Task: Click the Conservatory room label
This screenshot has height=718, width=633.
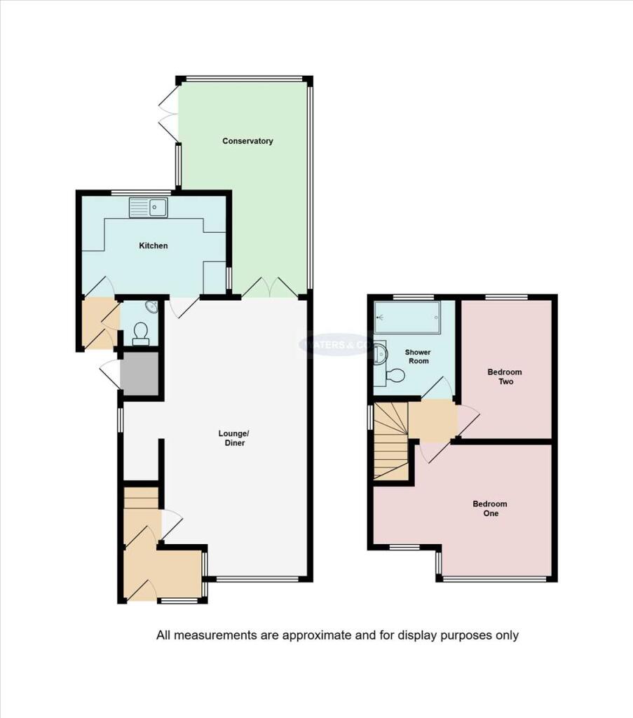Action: point(247,141)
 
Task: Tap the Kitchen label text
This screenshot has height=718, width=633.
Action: point(153,245)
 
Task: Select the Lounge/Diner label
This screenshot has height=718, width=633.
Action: point(231,438)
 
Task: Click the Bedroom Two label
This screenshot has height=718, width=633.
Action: point(505,377)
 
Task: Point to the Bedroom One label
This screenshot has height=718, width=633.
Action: point(489,508)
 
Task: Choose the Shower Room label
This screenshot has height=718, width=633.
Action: point(418,356)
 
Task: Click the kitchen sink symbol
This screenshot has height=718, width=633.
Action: point(148,208)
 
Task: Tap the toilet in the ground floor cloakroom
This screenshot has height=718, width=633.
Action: point(140,334)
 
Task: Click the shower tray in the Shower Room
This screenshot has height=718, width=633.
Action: point(407,318)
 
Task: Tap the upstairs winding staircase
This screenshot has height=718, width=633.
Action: point(390,442)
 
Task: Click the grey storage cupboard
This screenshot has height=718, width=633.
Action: point(139,372)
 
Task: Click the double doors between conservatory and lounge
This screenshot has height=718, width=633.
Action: point(270,287)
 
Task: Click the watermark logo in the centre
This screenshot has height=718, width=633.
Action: point(336,344)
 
